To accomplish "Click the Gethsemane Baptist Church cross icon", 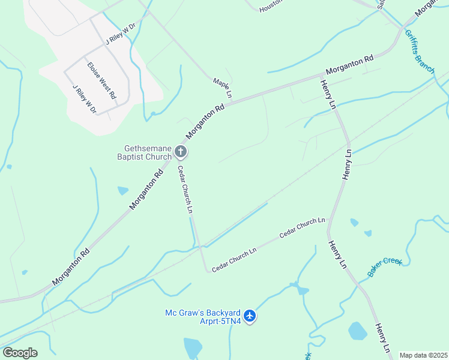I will point(181,152).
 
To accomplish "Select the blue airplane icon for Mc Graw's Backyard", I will point(250,316).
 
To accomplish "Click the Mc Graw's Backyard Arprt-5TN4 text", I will point(203,316).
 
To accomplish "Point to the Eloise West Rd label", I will point(101,80).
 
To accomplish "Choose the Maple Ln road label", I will point(221,88).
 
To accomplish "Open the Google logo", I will point(20,353).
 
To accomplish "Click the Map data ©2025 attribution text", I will point(423,355).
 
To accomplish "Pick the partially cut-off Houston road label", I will point(271,7).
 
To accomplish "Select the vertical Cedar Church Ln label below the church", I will point(185,190).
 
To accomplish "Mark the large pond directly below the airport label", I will point(193,347).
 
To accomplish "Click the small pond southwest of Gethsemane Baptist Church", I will point(122,191).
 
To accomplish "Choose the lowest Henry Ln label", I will point(383,338).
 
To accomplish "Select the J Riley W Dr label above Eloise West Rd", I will point(121,34).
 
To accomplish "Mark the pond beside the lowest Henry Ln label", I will point(358,331).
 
